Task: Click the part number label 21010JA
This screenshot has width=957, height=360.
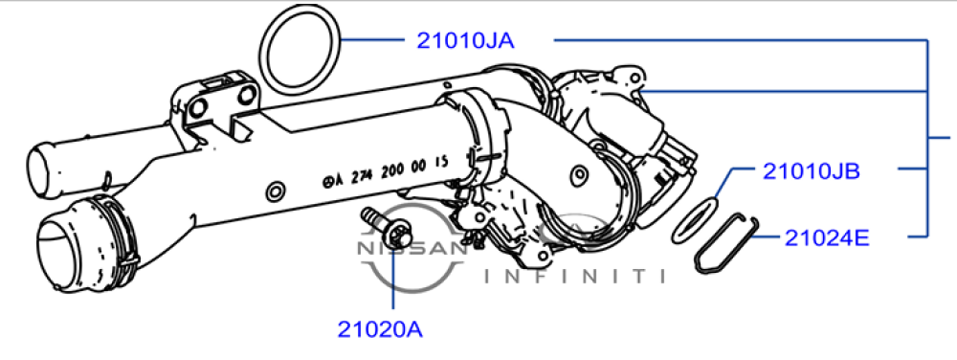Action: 465,40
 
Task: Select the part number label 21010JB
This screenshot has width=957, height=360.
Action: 812,172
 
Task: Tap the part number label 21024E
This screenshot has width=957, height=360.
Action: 827,238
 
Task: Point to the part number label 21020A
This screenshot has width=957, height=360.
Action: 380,329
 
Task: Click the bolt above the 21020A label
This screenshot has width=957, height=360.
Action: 389,230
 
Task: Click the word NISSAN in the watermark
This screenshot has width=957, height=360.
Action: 412,248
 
